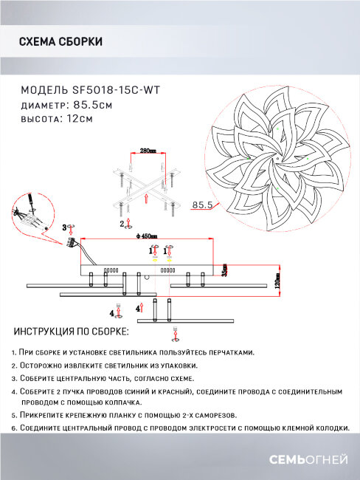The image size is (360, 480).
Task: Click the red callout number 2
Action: [x=121, y=222]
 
